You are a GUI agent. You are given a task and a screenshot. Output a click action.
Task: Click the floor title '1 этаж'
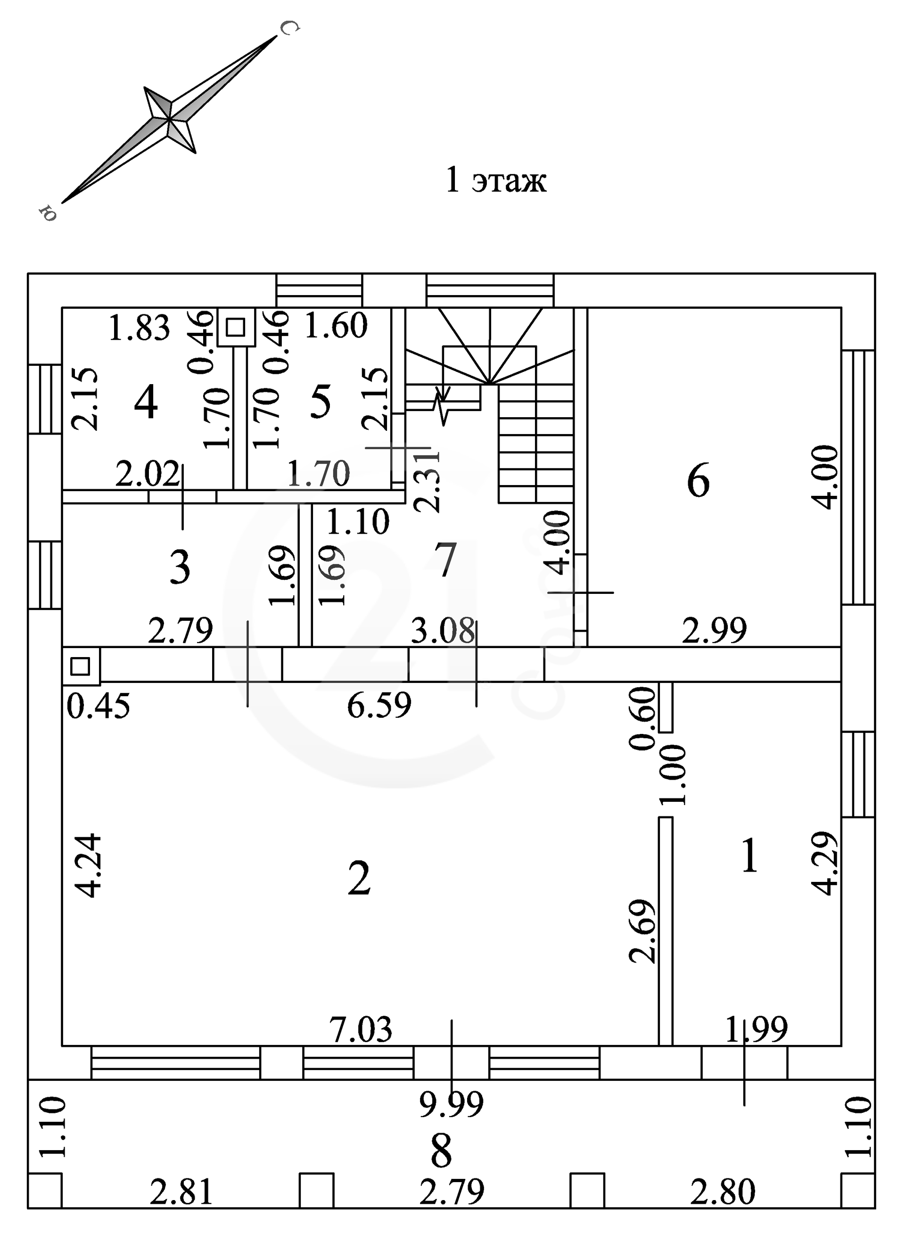pyautogui.click(x=496, y=180)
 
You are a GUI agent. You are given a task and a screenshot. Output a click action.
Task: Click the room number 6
pyautogui.click(x=698, y=481)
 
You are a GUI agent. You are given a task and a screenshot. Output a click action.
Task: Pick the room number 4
pyautogui.click(x=146, y=402)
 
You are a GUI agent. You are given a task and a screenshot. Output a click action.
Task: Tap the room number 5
pyautogui.click(x=321, y=402)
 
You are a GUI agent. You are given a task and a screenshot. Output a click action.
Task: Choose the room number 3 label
pyautogui.click(x=180, y=567)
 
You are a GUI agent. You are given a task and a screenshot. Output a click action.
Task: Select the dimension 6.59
pyautogui.click(x=379, y=706)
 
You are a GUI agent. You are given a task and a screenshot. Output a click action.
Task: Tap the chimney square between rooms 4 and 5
pyautogui.click(x=236, y=327)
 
